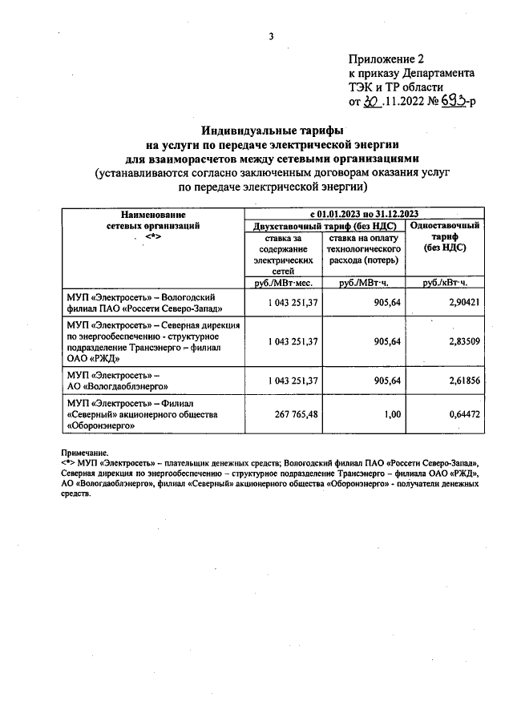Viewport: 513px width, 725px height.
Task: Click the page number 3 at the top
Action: pos(271,36)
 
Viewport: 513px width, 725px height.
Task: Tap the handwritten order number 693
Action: pos(457,102)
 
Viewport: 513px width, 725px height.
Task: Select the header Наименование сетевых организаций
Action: pos(154,220)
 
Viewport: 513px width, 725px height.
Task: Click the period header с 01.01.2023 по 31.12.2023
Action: pos(364,214)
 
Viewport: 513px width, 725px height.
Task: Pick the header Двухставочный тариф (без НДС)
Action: pos(325,226)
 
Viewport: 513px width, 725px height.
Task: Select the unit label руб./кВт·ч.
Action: pos(445,283)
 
